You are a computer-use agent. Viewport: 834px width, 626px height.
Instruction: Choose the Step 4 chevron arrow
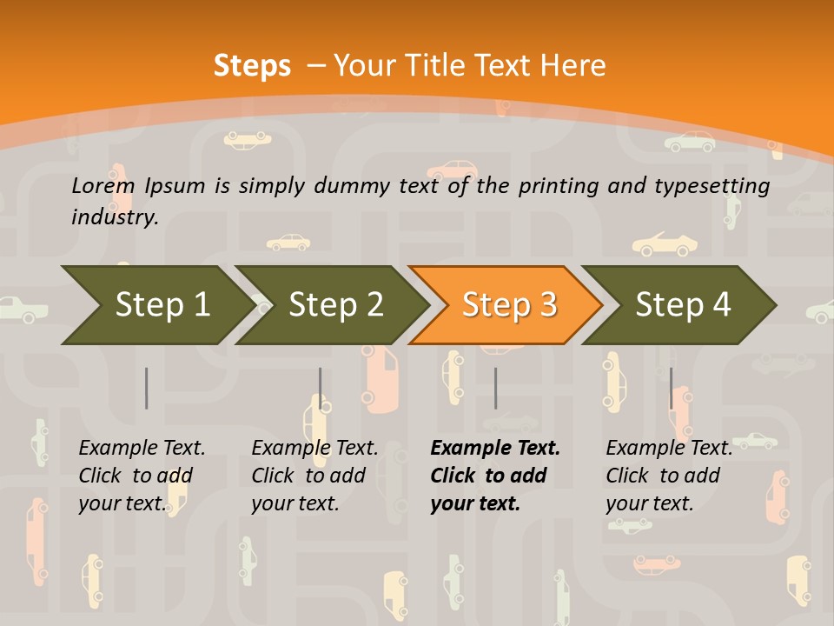click(682, 305)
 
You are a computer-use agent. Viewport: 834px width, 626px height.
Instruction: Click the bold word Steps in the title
click(252, 66)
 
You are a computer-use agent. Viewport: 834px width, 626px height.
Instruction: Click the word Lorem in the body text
click(103, 186)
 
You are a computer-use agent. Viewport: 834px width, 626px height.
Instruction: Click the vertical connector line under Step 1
click(147, 388)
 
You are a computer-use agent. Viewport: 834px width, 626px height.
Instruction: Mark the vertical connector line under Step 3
click(495, 388)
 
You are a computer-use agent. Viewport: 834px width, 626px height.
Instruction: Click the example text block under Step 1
click(141, 476)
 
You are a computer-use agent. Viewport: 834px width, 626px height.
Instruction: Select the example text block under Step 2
click(314, 476)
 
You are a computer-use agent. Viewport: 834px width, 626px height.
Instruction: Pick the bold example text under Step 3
click(494, 476)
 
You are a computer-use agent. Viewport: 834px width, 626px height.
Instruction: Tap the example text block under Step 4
click(668, 476)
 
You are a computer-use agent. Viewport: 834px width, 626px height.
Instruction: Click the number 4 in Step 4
click(721, 305)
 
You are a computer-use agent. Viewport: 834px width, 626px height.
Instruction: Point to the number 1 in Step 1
click(201, 305)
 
